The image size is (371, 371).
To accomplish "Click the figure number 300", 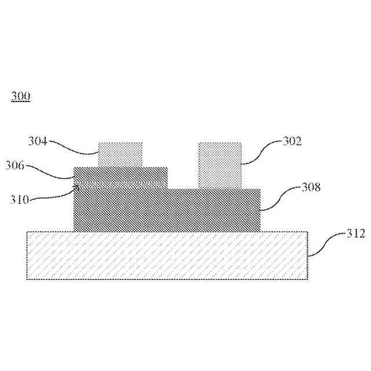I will pyautogui.click(x=21, y=96).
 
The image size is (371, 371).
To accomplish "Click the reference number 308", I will pyautogui.click(x=311, y=187).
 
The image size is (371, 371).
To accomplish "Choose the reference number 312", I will pyautogui.click(x=355, y=234).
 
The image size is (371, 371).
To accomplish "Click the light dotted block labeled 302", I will pyautogui.click(x=220, y=165).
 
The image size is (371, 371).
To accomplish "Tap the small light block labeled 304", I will pyautogui.click(x=120, y=154).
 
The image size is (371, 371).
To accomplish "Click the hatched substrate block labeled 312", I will pyautogui.click(x=167, y=256).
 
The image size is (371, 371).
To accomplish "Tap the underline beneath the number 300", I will pyautogui.click(x=21, y=101).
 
